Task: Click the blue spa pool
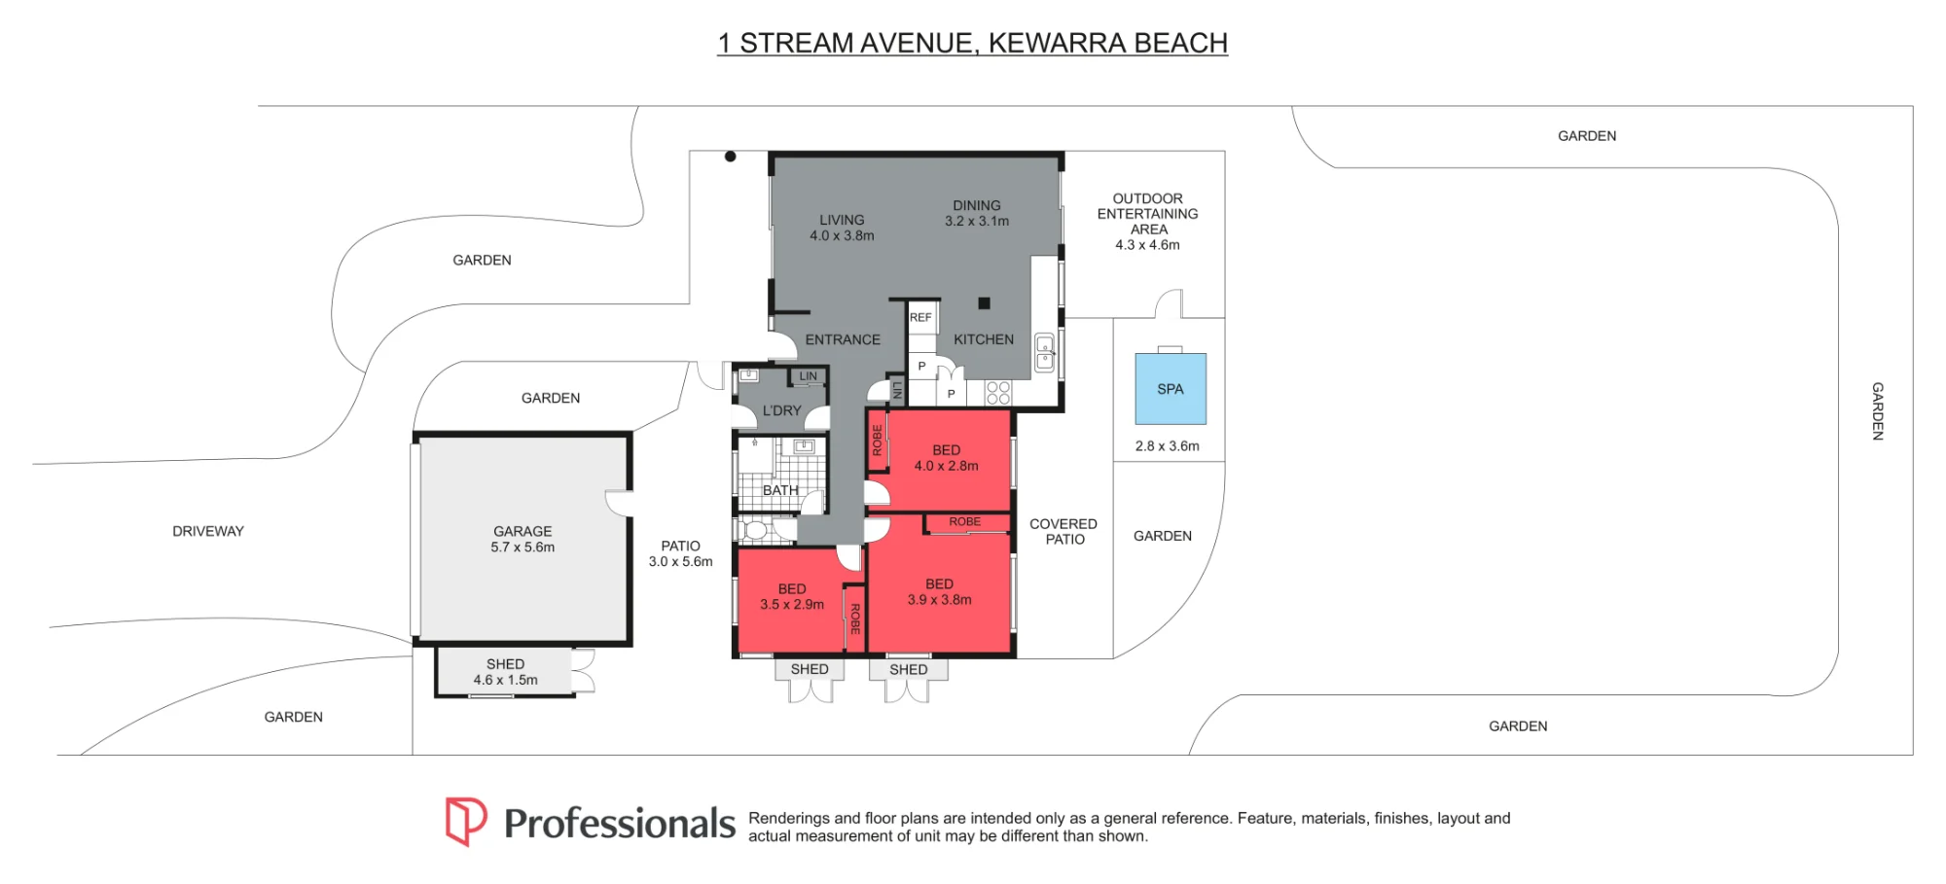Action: [x=1171, y=389]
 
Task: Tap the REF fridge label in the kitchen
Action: [x=920, y=318]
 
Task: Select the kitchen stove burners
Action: [x=998, y=393]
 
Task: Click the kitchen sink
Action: [x=1045, y=352]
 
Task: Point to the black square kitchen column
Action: [x=984, y=303]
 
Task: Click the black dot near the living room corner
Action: [x=730, y=157]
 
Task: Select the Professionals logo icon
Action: [x=466, y=822]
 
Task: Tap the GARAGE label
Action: [x=523, y=531]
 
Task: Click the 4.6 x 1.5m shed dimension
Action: [x=505, y=680]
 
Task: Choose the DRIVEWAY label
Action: [x=208, y=531]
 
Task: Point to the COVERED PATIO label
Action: [x=1063, y=531]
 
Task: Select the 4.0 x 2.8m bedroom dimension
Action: [x=946, y=466]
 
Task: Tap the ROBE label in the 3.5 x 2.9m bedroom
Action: [x=855, y=619]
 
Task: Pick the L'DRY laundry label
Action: [x=782, y=410]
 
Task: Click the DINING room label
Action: [x=977, y=205]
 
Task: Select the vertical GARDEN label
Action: [x=1878, y=411]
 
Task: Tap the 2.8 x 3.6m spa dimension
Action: [x=1167, y=446]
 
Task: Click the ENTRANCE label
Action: [x=843, y=339]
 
